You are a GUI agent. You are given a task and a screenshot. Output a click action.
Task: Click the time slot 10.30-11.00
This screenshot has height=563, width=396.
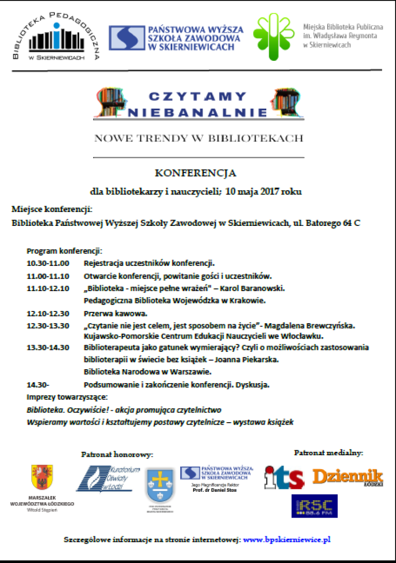(48, 263)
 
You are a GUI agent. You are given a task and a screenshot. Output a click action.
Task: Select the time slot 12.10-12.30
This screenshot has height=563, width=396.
(48, 313)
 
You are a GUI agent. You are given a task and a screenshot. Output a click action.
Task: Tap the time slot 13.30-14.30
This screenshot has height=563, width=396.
(48, 347)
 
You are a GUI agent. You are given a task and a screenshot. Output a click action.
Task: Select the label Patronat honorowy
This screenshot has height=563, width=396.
(117, 454)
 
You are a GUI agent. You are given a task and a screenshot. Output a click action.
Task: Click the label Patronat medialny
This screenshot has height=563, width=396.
(329, 452)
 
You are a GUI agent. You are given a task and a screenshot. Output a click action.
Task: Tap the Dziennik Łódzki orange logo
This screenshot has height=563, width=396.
(347, 476)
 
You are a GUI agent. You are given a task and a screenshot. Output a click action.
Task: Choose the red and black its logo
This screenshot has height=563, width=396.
(284, 477)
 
